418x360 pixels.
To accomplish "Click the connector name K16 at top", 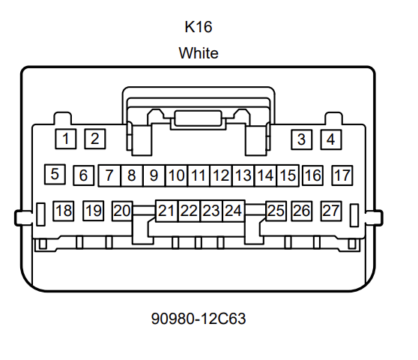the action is click(x=199, y=27).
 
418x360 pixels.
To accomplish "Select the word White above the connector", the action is click(x=199, y=52).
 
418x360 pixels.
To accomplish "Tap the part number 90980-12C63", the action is click(x=199, y=318).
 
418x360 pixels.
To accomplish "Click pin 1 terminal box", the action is click(x=66, y=139).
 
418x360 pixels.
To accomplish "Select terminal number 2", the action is click(x=95, y=139).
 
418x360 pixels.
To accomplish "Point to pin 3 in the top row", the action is click(x=301, y=139).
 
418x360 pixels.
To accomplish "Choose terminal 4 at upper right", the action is click(x=331, y=139).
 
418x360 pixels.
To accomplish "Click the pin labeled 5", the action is click(x=55, y=174).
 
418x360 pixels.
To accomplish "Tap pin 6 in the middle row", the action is click(x=83, y=175).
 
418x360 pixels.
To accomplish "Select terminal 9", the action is click(x=154, y=175).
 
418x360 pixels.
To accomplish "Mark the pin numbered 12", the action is click(x=221, y=175).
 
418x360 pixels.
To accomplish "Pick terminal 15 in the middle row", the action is click(x=288, y=175).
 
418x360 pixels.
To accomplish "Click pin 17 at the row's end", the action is click(x=342, y=175).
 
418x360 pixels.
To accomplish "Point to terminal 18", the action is click(x=64, y=211).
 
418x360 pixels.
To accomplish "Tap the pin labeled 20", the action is click(x=122, y=211).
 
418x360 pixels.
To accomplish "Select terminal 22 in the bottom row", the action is click(x=189, y=211).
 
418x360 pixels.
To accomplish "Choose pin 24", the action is click(x=234, y=211).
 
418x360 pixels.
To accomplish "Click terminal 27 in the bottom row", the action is click(x=331, y=211).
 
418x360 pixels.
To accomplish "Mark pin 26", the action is click(x=301, y=211).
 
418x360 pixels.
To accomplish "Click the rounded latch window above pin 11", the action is click(x=198, y=118).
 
